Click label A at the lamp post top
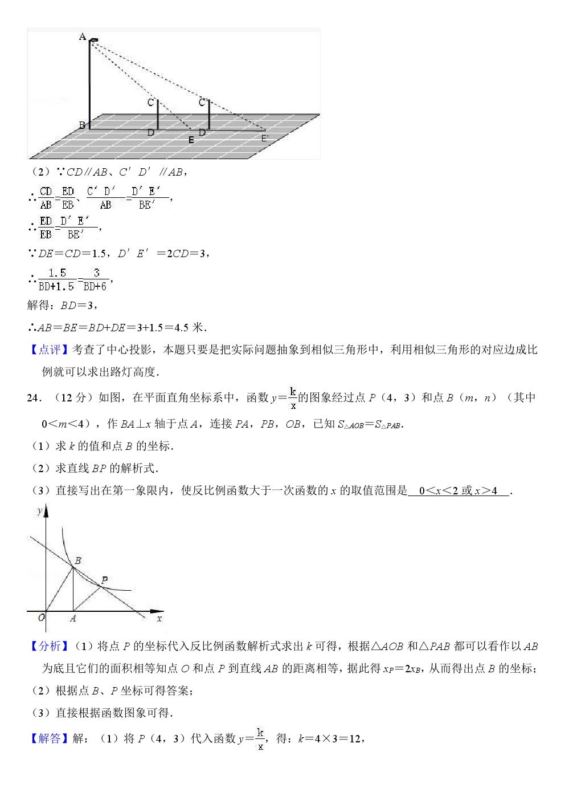83,37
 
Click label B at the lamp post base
82,125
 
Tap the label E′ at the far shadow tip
265,138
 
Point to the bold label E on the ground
191,140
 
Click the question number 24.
33,398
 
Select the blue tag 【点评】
49,350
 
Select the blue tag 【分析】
49,646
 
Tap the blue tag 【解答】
49,738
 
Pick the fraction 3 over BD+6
96,280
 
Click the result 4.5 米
189,327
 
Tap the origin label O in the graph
42,618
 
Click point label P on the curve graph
104,580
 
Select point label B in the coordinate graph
78,561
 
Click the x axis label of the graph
159,618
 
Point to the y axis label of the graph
40,511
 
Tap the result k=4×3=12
330,739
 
